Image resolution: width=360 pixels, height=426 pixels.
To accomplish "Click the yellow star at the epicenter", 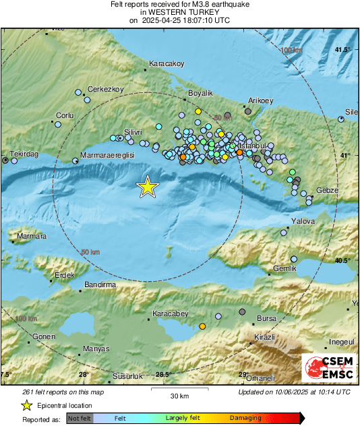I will click(147, 187).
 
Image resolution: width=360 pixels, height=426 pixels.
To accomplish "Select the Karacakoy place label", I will click(167, 64).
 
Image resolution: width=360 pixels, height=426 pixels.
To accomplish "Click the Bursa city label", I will click(267, 318).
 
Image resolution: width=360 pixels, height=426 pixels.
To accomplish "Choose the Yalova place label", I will click(303, 220).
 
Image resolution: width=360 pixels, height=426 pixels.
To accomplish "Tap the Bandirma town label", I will click(100, 285).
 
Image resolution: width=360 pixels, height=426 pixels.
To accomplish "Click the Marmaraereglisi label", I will click(108, 154).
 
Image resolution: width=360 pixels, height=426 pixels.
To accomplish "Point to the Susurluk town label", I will click(126, 374).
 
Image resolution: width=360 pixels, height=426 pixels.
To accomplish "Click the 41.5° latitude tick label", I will click(344, 50).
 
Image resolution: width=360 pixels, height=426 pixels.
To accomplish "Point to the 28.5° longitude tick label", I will click(163, 375).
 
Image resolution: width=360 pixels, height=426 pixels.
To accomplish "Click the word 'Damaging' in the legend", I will click(246, 419).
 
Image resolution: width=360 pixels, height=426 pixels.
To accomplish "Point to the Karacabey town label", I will click(172, 314).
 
